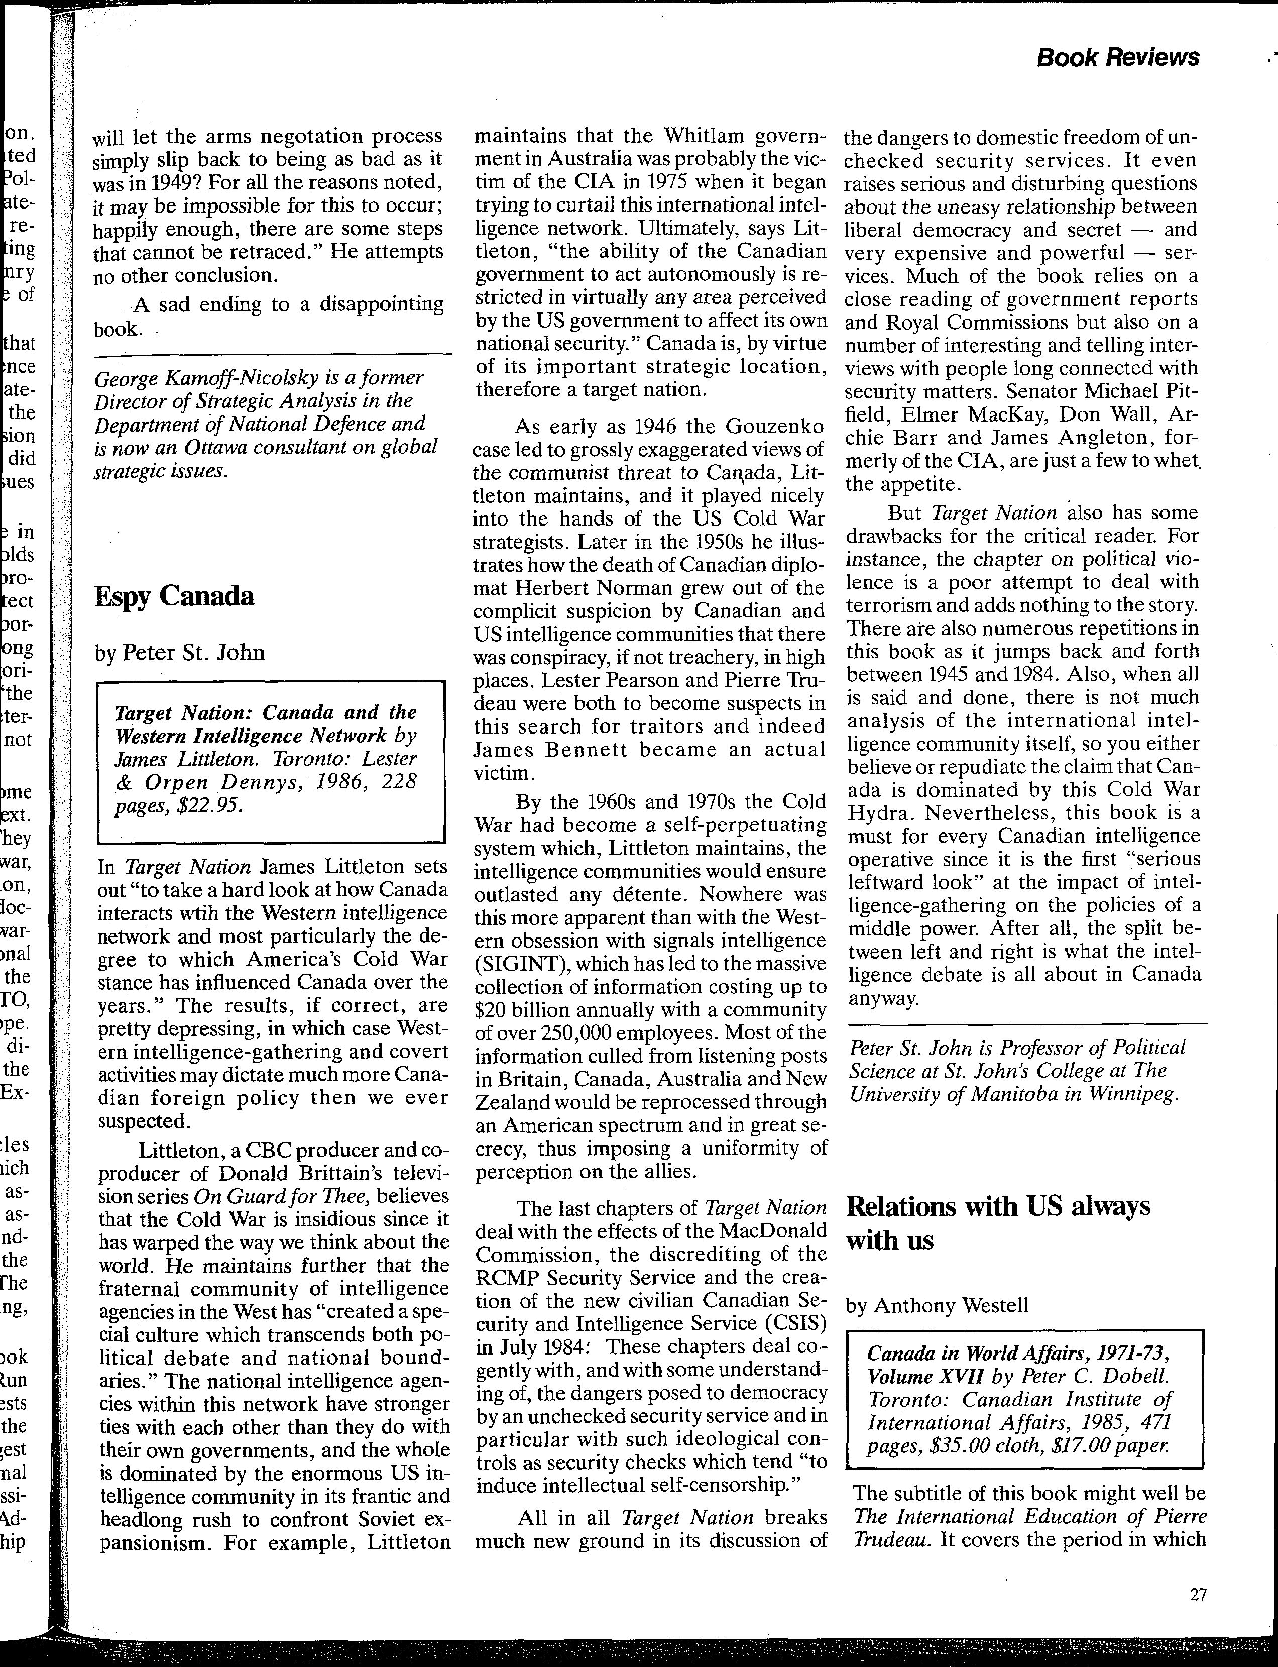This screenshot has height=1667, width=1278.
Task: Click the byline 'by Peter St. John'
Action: (x=180, y=652)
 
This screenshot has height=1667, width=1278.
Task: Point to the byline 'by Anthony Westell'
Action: (x=937, y=1305)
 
